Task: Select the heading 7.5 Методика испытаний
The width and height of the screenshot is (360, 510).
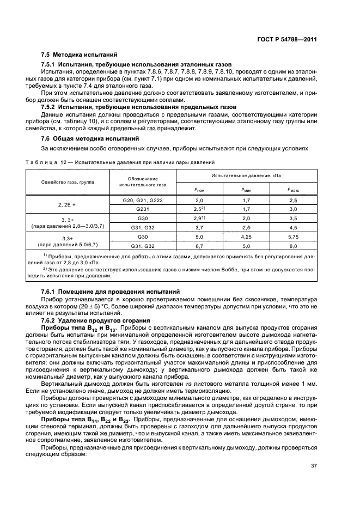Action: click(79, 56)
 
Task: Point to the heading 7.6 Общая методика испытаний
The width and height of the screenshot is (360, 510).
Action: click(90, 139)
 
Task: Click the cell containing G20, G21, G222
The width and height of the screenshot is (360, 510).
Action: click(143, 201)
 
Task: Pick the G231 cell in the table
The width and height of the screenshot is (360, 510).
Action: click(143, 209)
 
